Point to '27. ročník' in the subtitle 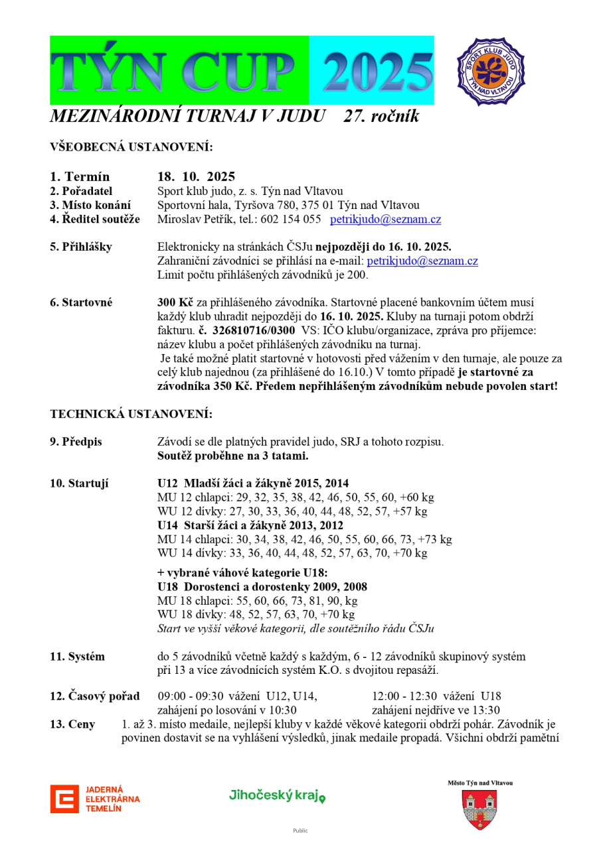[x=381, y=117]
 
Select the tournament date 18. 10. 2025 [x=196, y=177]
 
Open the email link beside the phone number [x=385, y=220]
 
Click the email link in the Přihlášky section [x=422, y=261]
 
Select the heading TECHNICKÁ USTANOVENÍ [x=131, y=415]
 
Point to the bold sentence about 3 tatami [x=233, y=456]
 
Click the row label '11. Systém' [x=78, y=657]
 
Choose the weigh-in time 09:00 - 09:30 [x=191, y=696]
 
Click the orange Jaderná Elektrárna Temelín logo [x=95, y=799]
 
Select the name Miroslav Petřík [x=195, y=220]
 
